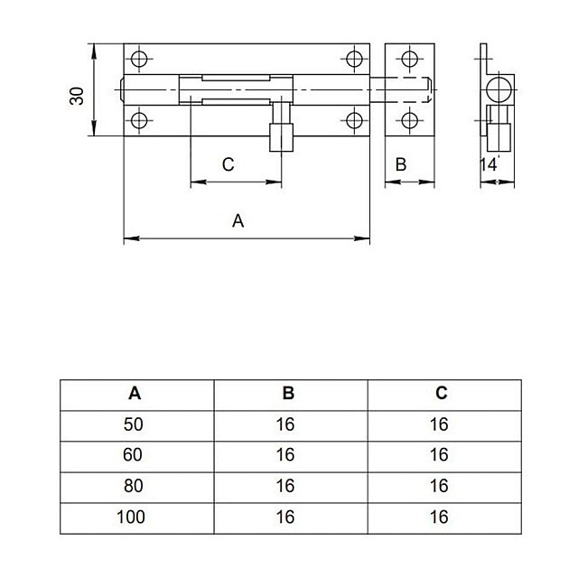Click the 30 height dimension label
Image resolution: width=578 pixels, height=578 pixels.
click(x=77, y=96)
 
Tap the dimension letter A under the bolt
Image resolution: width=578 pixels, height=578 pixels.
click(x=238, y=220)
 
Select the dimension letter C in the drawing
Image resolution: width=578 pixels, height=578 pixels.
click(x=228, y=164)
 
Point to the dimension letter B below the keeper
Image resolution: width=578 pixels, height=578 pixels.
click(x=401, y=164)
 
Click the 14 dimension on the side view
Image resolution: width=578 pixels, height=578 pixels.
click(x=488, y=164)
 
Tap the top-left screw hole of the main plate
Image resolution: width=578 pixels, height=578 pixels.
click(x=139, y=59)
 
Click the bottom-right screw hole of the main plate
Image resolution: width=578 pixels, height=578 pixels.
click(x=354, y=120)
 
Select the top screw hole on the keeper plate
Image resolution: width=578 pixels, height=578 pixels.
click(x=409, y=59)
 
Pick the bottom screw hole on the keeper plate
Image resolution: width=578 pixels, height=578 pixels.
click(x=409, y=120)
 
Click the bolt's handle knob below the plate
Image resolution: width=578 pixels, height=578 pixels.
click(x=281, y=137)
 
